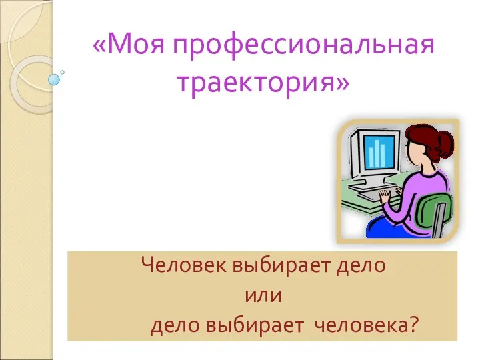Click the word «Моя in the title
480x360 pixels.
click(x=129, y=45)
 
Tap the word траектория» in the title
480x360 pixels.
click(x=263, y=82)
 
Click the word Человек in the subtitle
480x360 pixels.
click(x=184, y=265)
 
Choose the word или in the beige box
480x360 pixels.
click(x=263, y=296)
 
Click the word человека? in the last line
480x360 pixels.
click(x=366, y=325)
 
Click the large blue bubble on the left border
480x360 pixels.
click(x=54, y=79)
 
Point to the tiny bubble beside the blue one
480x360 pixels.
click(x=63, y=72)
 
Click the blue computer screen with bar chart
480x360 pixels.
click(x=379, y=152)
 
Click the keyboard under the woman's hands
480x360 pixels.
click(x=377, y=196)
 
